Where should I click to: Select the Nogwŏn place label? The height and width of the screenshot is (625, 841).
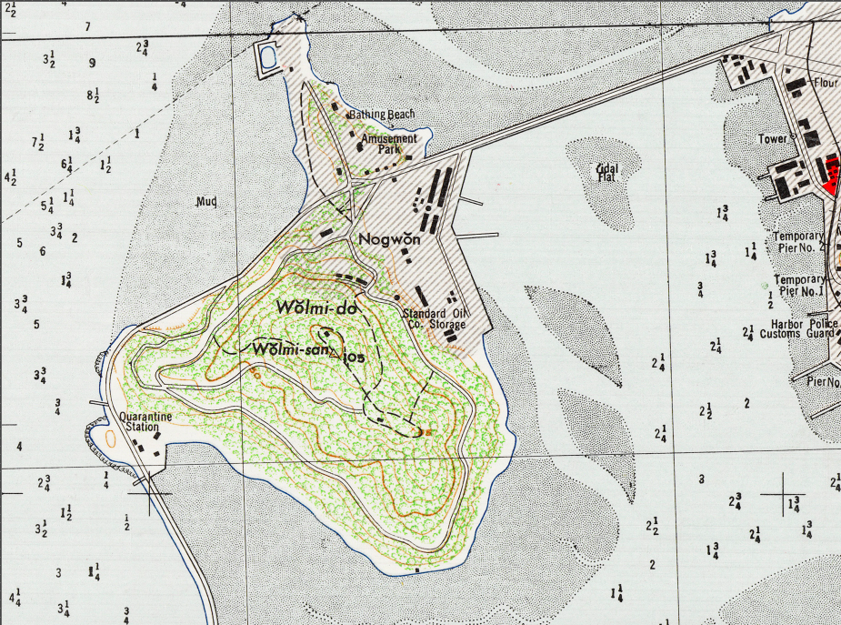[x=393, y=239]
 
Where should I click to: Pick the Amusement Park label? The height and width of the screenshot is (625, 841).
[x=389, y=144]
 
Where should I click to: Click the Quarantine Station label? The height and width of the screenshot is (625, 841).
[x=145, y=422]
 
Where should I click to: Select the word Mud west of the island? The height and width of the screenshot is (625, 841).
[x=205, y=202]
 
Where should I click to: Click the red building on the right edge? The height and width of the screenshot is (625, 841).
[x=830, y=174]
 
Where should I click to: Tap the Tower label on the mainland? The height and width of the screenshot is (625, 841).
[x=772, y=139]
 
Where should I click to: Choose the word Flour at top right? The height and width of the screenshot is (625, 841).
[x=826, y=83]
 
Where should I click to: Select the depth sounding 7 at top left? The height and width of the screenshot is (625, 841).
[x=88, y=26]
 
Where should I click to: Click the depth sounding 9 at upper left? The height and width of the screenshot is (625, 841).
[x=92, y=63]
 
